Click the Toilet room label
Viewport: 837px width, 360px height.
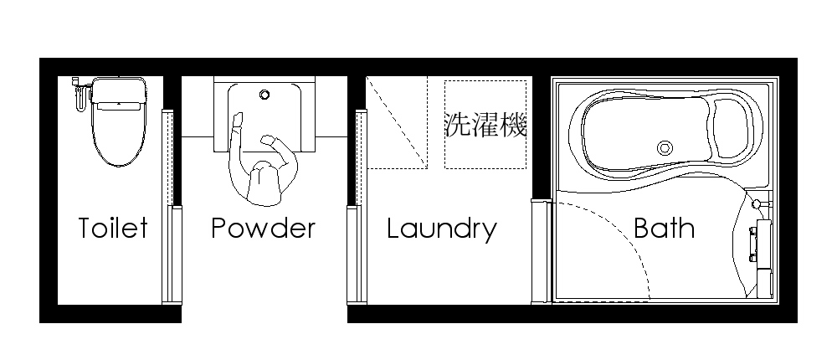click(113, 228)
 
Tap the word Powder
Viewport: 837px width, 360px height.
click(263, 228)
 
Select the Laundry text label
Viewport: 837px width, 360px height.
click(442, 229)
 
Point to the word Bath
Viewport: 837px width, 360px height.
click(664, 228)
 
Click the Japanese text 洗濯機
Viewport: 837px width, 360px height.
click(485, 126)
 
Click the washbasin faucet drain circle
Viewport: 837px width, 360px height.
click(264, 95)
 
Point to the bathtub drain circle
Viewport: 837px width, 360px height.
click(665, 148)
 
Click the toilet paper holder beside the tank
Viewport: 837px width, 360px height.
click(79, 94)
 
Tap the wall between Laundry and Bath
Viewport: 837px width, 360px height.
click(542, 134)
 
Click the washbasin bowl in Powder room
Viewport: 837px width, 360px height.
click(264, 113)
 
